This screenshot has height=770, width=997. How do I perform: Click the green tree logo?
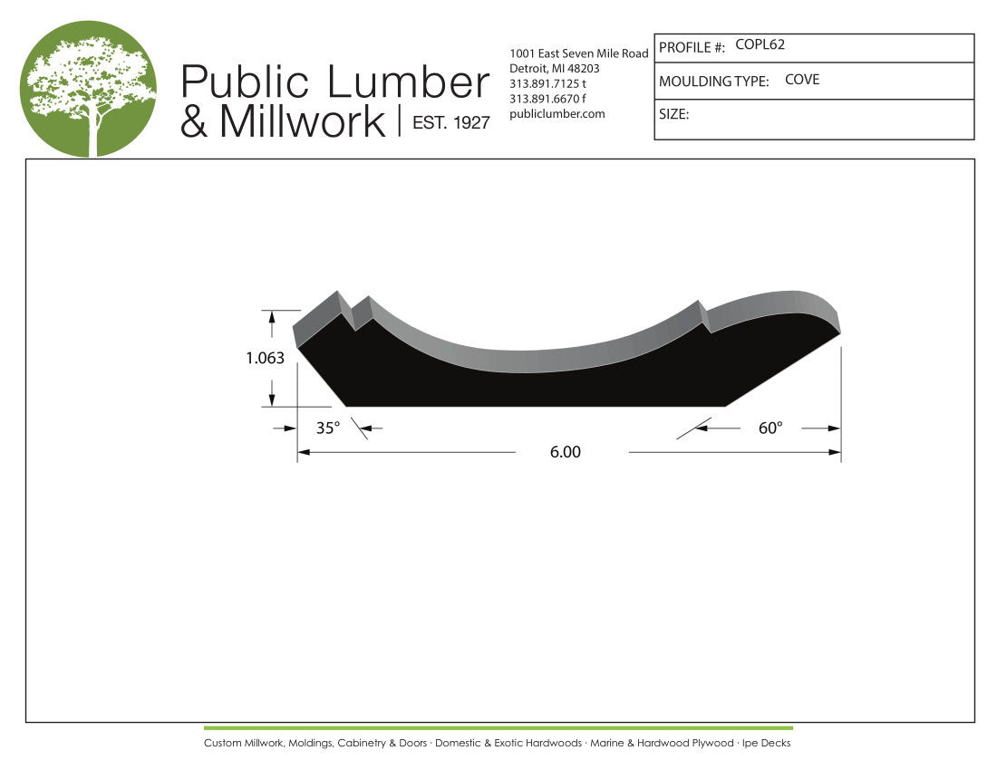88,88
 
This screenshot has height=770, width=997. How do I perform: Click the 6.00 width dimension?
566,452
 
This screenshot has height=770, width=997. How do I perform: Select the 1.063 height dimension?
266,358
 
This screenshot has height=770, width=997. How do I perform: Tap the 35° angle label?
328,428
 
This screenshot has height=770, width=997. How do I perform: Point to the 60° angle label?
770,428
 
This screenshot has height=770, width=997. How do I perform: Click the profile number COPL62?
760,44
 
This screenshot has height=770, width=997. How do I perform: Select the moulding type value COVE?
802,80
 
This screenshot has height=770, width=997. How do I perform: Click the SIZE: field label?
674,114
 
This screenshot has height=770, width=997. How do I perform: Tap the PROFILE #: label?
692,48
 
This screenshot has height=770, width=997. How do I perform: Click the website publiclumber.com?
557,114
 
